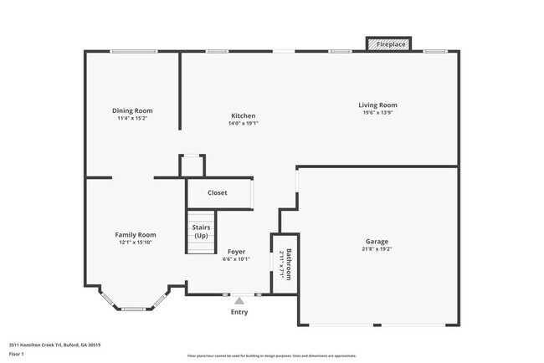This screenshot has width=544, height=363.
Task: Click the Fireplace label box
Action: [389, 43]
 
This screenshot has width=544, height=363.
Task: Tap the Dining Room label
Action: [133, 110]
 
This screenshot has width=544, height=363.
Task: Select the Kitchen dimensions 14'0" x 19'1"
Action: [244, 123]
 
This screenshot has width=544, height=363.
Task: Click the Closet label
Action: [218, 192]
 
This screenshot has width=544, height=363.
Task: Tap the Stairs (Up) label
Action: [201, 232]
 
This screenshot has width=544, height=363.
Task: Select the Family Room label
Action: [136, 235]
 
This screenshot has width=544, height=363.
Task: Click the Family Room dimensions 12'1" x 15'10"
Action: [136, 243]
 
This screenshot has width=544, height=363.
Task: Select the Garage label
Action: [377, 241]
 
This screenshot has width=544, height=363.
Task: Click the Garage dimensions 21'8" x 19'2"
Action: [377, 248]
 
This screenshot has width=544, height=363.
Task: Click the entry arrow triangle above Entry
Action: [239, 300]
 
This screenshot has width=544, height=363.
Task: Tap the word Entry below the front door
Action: [239, 312]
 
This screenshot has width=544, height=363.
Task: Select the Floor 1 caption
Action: [17, 354]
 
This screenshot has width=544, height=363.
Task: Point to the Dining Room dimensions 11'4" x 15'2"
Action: [133, 118]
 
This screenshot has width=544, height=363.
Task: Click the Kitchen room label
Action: [244, 115]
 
